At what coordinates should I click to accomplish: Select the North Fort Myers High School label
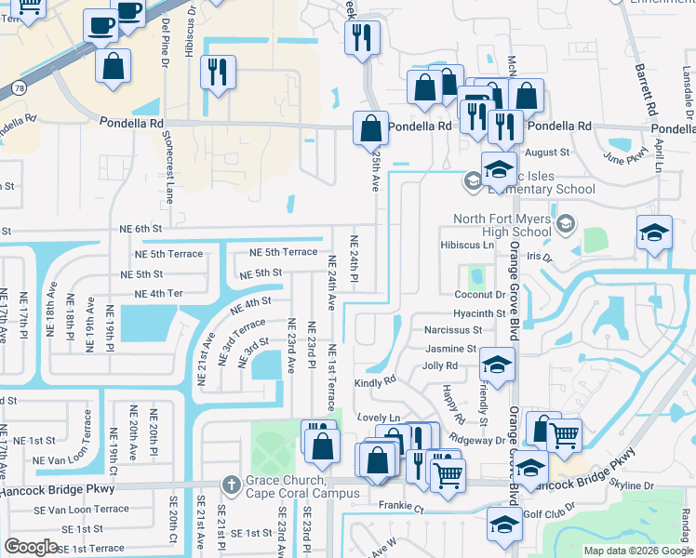click(x=502, y=225)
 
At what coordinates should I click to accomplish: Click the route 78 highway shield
click(x=19, y=87)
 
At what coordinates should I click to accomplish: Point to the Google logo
click(x=32, y=547)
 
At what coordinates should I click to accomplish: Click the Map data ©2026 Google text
click(x=638, y=551)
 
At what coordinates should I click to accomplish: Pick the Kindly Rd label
click(x=376, y=380)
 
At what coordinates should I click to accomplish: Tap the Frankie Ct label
click(x=400, y=509)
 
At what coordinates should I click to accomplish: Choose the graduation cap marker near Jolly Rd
click(x=497, y=365)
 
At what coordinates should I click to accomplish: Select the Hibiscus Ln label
click(x=466, y=245)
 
